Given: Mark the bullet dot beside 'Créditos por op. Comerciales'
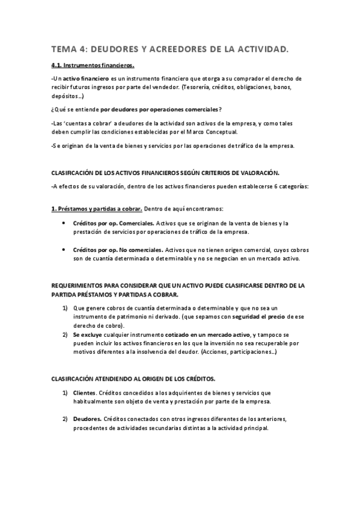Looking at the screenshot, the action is click(66, 223).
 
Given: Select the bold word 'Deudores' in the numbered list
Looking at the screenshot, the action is click(88, 419).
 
